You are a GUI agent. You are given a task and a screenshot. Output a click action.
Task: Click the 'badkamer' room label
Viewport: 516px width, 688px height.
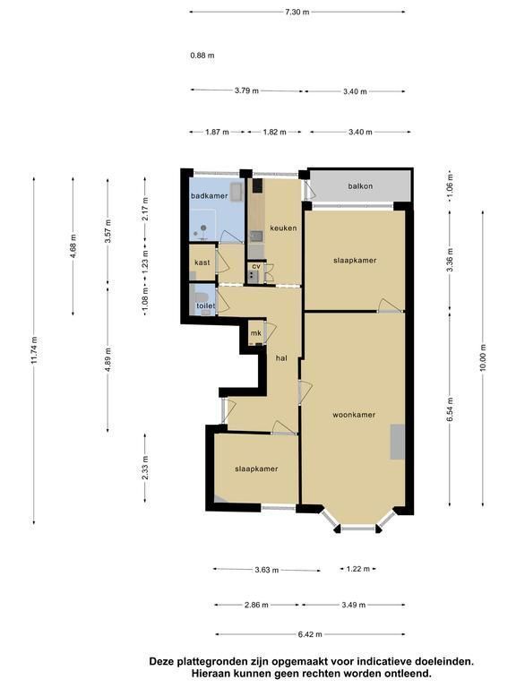pos(210,195)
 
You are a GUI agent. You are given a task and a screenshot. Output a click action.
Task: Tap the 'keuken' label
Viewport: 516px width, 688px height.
pos(283,228)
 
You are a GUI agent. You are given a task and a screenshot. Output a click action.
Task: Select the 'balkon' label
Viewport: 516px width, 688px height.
pos(360,186)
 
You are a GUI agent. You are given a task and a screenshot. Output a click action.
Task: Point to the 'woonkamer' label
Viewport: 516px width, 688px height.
pos(354,415)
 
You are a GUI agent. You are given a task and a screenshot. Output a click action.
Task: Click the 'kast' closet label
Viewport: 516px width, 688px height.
pos(202,262)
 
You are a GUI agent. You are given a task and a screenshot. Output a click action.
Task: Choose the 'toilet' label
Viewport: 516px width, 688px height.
pos(205,305)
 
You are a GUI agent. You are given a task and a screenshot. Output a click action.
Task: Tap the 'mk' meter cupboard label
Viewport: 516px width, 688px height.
pos(256,333)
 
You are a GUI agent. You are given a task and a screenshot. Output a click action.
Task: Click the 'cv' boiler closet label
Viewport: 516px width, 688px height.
pos(256,266)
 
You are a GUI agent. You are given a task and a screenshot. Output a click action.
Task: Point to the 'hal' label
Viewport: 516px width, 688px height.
pos(281,358)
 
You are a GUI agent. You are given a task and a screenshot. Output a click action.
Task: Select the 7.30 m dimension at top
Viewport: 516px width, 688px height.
pos(297,12)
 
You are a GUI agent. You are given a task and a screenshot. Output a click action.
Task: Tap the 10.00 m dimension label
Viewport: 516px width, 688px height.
pos(483,357)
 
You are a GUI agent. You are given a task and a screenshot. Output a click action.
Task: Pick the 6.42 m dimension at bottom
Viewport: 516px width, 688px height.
pos(310,634)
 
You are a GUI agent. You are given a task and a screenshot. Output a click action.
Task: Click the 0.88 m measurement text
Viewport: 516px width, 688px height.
pos(202,56)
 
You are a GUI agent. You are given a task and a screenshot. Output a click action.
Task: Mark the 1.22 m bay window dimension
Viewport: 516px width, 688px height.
pos(358,569)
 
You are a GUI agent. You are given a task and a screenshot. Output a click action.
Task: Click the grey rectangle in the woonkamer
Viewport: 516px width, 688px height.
pos(398,442)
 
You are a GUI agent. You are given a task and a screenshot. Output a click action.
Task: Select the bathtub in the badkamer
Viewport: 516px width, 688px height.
pos(236,193)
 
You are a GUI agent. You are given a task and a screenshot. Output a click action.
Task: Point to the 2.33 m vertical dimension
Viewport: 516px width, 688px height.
pos(146,468)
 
